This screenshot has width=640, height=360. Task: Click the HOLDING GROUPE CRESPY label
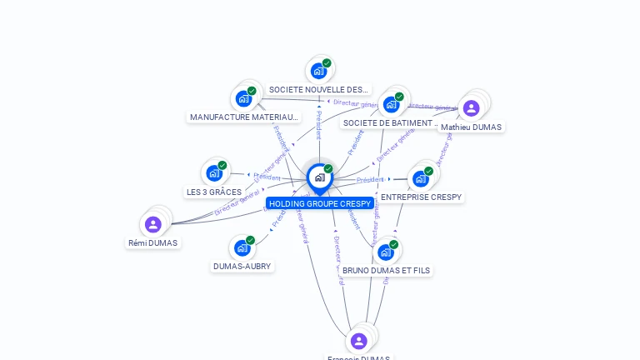point(320,203)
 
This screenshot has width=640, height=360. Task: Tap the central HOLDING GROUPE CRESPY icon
point(319,177)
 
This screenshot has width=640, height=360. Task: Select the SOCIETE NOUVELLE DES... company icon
point(318,71)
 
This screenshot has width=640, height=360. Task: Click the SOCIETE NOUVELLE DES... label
point(318,89)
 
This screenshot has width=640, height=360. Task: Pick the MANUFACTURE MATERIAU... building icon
point(243,98)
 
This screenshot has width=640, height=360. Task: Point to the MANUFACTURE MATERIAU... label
point(243,117)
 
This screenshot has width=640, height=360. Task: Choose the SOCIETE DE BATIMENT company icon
point(390,105)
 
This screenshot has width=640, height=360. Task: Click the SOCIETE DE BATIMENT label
point(390,123)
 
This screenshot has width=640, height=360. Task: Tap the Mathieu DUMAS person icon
point(471,108)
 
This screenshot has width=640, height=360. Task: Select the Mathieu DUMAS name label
point(471,127)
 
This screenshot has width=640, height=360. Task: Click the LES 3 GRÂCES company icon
point(214,173)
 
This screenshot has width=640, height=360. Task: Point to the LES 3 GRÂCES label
point(214,192)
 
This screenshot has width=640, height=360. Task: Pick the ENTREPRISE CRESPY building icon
point(421,178)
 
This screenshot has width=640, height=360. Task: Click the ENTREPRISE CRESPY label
point(421,197)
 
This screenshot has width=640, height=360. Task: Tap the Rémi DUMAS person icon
point(153,224)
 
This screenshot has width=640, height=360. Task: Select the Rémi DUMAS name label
point(153,242)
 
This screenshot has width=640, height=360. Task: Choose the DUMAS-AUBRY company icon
point(242,247)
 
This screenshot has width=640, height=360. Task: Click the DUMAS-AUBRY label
point(242,266)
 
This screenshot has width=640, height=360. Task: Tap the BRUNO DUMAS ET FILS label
point(387,270)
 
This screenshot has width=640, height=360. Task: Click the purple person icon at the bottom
point(359,341)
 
